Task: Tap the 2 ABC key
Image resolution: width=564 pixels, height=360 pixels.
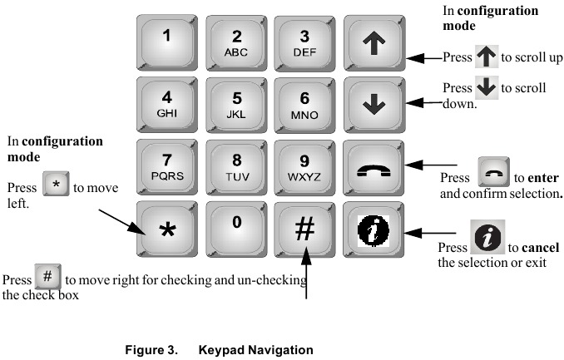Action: (x=235, y=43)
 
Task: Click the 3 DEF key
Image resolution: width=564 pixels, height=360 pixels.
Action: (x=304, y=43)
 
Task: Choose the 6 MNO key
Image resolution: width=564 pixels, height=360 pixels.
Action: (x=304, y=105)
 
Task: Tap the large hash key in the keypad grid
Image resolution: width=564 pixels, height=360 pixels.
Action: (x=304, y=229)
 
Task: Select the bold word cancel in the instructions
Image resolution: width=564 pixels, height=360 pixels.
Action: (x=542, y=249)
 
